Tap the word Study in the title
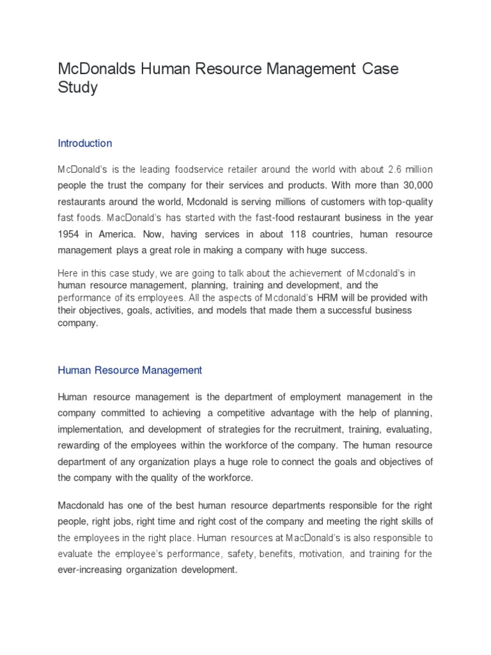click(x=77, y=88)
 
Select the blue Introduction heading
click(x=85, y=143)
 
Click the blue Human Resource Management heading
click(x=130, y=370)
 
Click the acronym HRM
click(x=307, y=298)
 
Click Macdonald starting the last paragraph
click(x=81, y=505)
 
